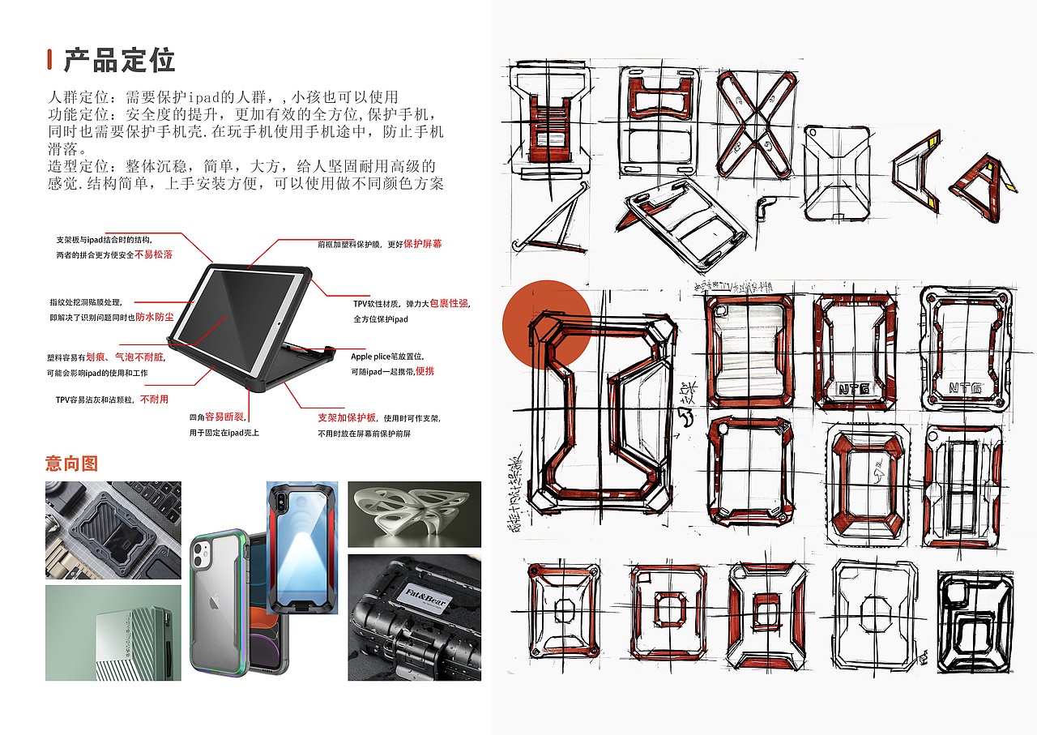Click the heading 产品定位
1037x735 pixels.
(119, 60)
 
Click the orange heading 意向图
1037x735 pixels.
(71, 464)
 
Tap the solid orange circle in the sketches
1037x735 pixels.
(546, 324)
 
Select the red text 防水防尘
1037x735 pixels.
(154, 317)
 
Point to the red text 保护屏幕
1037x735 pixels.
(423, 243)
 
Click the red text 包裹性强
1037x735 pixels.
(449, 303)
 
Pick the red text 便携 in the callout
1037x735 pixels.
(425, 370)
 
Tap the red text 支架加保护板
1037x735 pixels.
(347, 418)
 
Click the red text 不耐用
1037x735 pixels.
(154, 400)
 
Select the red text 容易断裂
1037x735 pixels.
(224, 417)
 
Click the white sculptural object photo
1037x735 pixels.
(414, 514)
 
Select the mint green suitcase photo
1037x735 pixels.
(113, 633)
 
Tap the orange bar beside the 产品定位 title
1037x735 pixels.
(49, 60)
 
